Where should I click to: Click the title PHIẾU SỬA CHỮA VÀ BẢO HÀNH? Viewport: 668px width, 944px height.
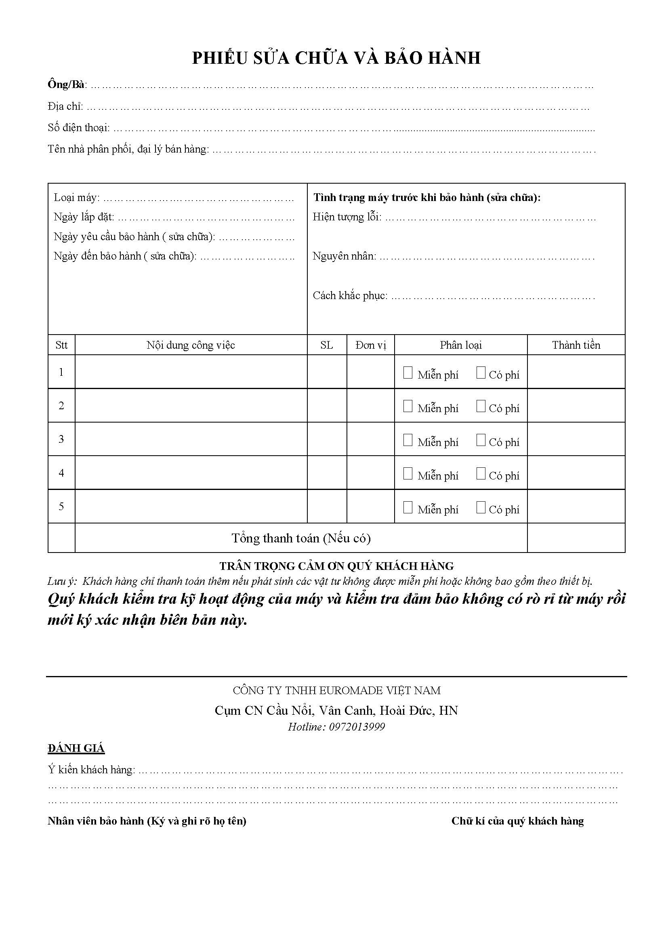336,59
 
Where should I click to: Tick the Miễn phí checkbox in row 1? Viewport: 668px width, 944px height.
408,373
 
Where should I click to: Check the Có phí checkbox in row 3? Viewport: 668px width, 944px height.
481,440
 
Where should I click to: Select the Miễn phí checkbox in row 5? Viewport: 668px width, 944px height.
408,507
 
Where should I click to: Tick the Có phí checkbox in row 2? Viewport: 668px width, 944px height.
481,406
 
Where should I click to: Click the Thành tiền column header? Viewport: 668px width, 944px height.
576,345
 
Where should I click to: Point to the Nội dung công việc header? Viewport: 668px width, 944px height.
191,345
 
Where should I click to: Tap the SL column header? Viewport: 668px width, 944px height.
327,345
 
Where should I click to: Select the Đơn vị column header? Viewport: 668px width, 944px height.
371,345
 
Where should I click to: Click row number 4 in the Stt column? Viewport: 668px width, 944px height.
61,473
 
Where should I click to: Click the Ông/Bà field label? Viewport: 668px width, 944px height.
66,85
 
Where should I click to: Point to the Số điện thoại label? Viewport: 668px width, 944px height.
79,128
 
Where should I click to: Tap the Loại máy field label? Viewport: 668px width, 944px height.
76,198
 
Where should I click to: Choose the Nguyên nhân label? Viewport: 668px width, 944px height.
344,257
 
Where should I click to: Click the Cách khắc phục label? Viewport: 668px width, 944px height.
350,295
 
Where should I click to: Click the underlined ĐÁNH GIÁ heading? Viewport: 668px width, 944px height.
76,748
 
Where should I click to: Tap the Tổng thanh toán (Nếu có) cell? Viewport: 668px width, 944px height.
301,538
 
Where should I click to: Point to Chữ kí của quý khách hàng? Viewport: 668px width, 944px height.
517,821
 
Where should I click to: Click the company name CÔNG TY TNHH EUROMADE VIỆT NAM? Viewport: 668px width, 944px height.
336,691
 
